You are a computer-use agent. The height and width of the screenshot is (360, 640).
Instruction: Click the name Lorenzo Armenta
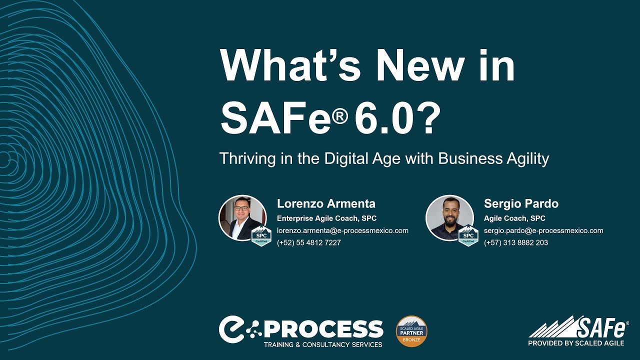pos(326,203)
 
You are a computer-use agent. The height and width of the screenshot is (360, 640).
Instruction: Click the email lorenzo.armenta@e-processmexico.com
pos(342,230)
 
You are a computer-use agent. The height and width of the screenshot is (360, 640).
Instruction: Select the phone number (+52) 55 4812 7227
pos(309,242)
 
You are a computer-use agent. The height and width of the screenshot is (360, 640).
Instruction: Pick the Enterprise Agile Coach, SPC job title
pos(326,218)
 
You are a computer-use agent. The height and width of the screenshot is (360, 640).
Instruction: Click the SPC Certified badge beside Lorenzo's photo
pos(261,236)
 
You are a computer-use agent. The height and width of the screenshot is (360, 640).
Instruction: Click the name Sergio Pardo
pos(521,203)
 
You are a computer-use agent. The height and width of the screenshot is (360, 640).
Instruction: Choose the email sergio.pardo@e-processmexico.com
pos(543,230)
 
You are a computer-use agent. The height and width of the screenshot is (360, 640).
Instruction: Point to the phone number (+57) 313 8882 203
pos(516,242)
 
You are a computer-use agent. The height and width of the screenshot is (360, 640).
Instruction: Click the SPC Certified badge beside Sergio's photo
pos(468,236)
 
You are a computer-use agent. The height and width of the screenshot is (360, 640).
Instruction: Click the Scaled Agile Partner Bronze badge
pos(411,331)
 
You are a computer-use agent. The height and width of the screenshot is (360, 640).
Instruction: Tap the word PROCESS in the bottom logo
pos(330,329)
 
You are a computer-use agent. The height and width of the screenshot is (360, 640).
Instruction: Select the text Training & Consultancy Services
pos(323,344)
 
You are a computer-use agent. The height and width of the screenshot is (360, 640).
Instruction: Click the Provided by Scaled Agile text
pos(576,343)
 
